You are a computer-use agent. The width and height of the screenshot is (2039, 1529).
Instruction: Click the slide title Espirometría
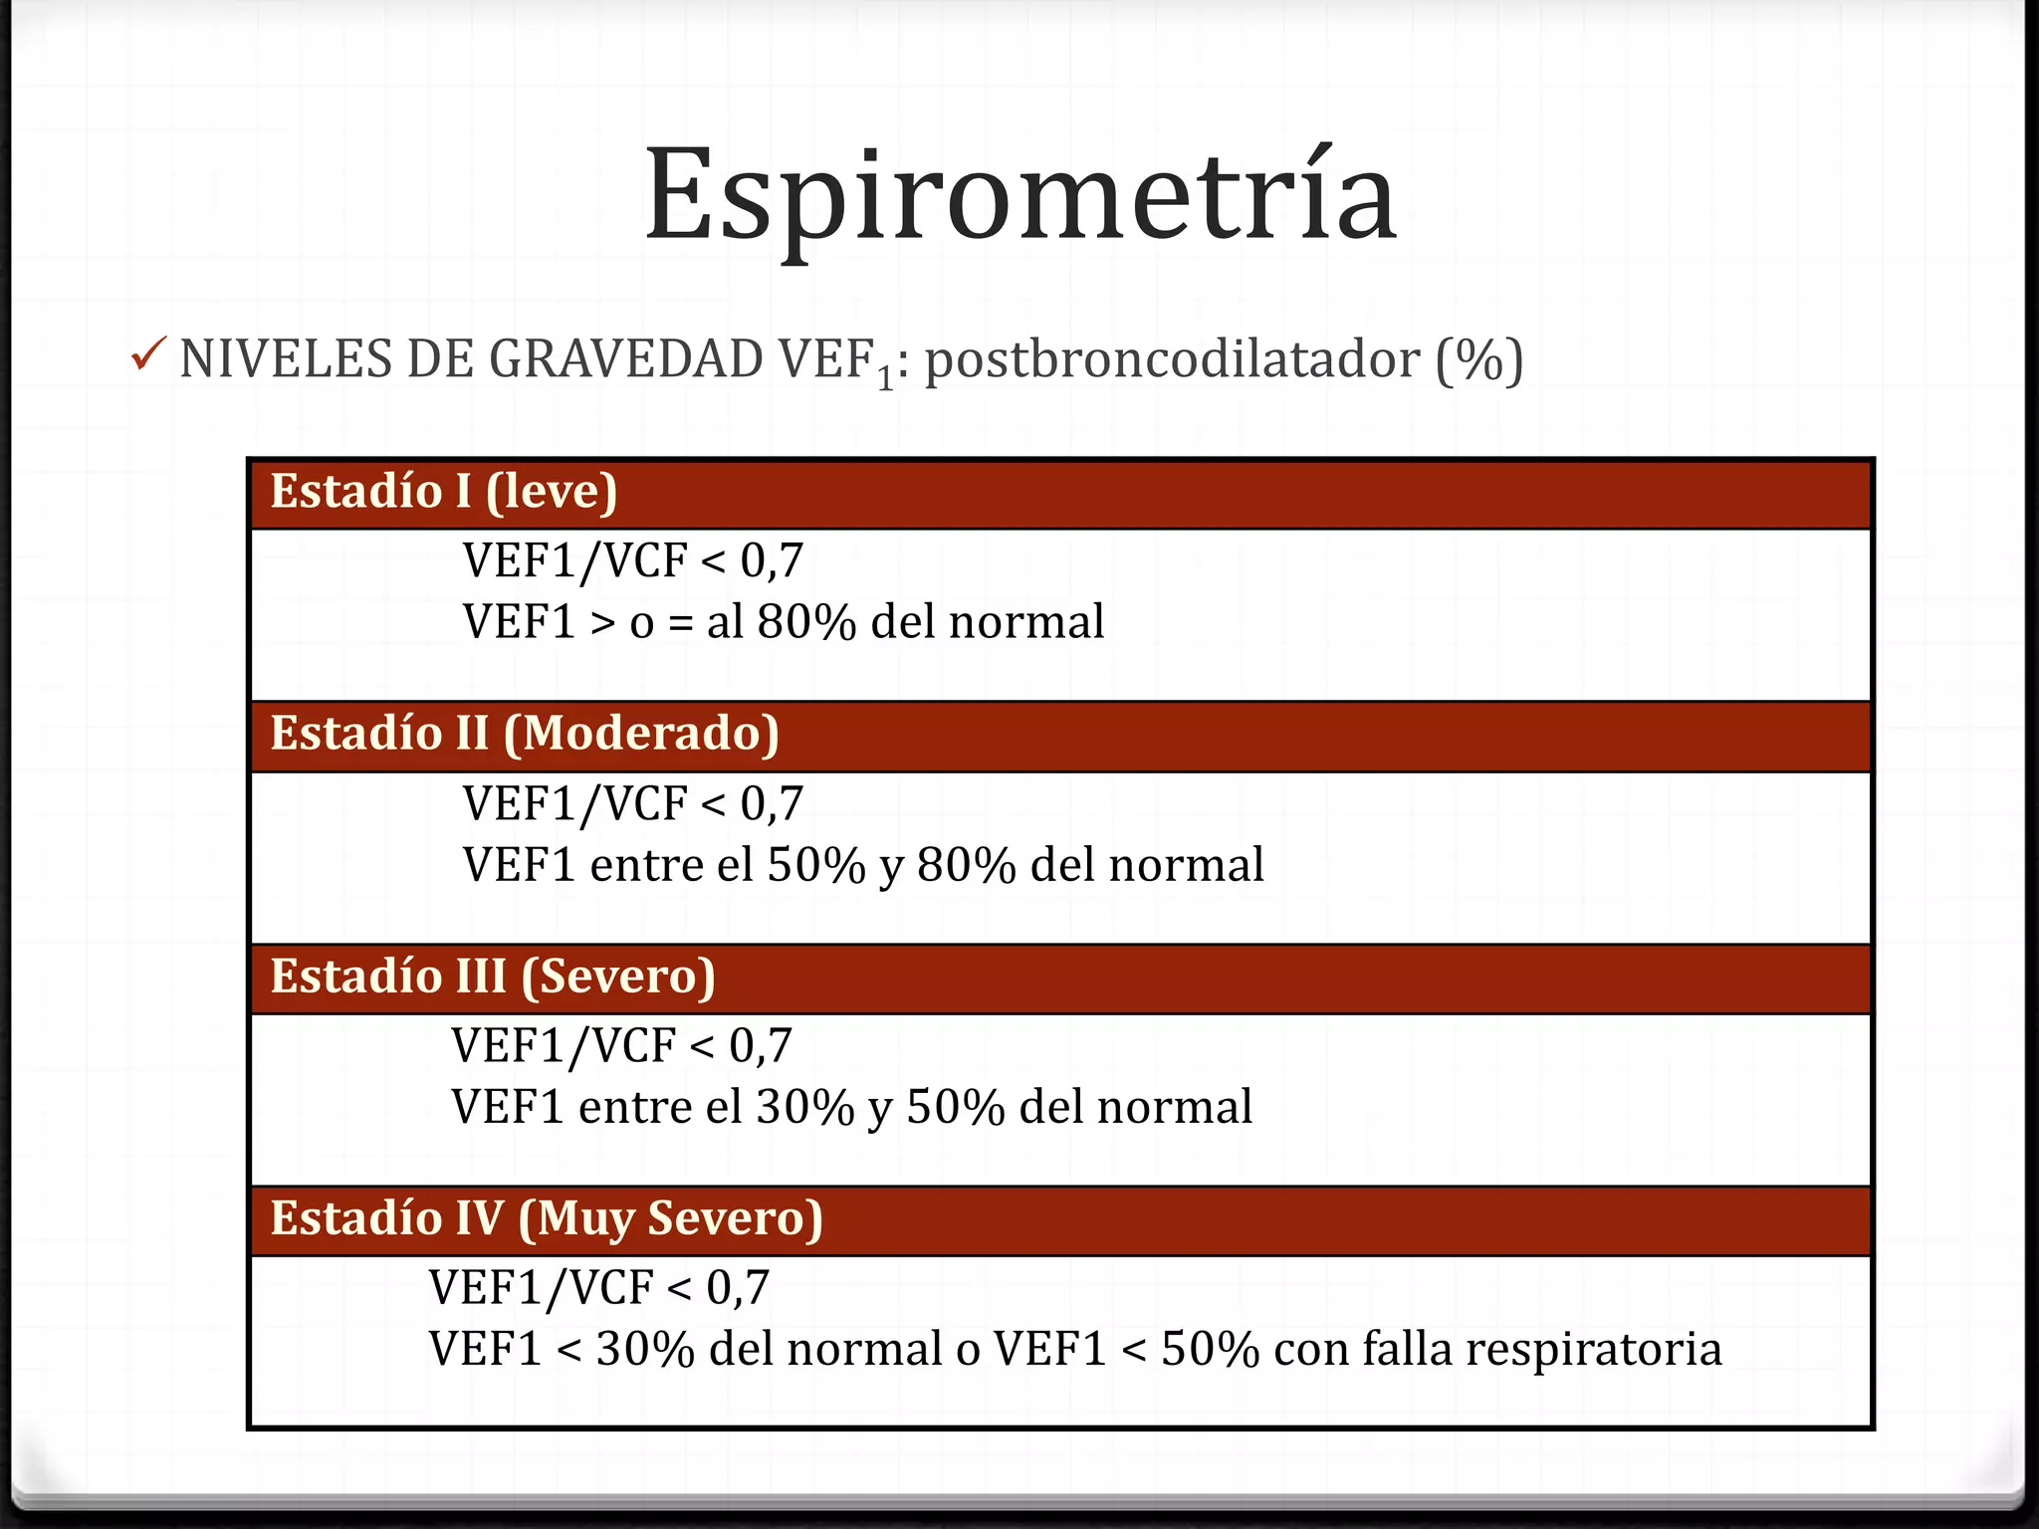click(x=1020, y=196)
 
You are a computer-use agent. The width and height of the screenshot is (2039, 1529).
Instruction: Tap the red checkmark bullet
click(x=147, y=354)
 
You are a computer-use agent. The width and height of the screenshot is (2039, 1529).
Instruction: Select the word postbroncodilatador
click(x=1172, y=359)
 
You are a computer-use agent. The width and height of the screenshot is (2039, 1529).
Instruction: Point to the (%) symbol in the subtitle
click(x=1478, y=361)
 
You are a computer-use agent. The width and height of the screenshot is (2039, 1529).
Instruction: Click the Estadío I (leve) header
click(x=444, y=492)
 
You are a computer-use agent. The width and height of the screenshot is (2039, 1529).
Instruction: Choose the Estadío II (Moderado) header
click(x=525, y=734)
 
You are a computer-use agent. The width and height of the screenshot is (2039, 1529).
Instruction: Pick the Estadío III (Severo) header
click(x=493, y=977)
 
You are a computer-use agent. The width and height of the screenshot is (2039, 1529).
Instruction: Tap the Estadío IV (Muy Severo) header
click(x=547, y=1218)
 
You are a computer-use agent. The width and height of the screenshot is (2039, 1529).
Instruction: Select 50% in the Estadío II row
click(x=816, y=865)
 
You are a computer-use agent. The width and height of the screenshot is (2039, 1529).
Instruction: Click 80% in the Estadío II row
click(x=966, y=865)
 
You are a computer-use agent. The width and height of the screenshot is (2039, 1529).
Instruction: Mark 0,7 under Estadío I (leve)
click(x=772, y=561)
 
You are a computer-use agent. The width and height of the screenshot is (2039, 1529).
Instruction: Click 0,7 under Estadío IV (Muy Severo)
click(x=738, y=1288)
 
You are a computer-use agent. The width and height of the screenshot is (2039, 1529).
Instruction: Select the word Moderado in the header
click(x=641, y=734)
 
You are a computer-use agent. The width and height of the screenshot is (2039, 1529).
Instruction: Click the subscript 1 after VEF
click(x=884, y=379)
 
